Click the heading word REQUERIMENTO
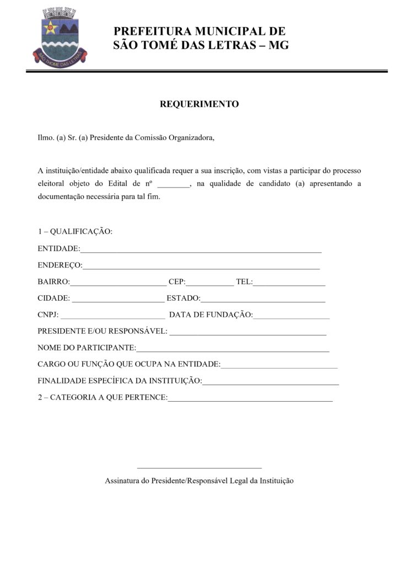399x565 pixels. coord(199,104)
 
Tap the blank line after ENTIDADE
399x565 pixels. coord(201,250)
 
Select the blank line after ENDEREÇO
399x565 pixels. coord(201,267)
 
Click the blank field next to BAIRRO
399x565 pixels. coord(118,284)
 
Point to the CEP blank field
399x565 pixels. coord(210,284)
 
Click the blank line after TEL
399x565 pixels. coord(289,284)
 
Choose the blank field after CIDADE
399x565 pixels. coord(118,300)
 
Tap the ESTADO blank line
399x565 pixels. coord(263,300)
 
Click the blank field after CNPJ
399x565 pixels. coord(112,317)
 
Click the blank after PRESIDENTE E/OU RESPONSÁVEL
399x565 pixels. coord(247,333)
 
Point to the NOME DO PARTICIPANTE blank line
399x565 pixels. coord(233,350)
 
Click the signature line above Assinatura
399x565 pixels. coord(199,467)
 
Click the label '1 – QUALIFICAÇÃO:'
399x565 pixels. coord(75,231)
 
